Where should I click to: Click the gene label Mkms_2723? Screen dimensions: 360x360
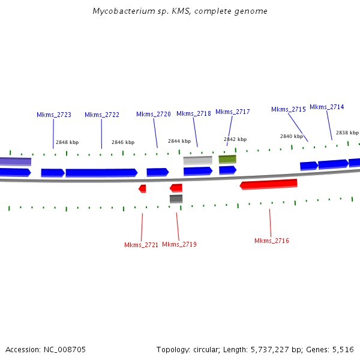pos(54,115)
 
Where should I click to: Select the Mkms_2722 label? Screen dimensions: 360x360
pos(102,115)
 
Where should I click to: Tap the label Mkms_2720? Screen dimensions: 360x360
pos(154,114)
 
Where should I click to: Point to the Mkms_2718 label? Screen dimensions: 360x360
pos(194,113)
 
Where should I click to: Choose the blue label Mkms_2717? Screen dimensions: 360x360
pos(233,112)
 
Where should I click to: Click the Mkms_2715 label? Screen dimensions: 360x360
pos(289,109)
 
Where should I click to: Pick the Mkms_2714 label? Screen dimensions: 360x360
pos(327,107)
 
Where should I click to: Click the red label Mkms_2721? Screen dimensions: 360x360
pos(142,245)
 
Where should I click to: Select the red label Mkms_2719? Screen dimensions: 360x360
pos(179,244)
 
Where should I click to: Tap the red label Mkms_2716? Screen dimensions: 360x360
pos(272,241)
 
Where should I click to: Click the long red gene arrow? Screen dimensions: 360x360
pos(269,184)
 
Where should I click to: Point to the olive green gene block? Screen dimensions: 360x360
pos(227,159)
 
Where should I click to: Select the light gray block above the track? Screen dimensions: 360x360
pos(197,160)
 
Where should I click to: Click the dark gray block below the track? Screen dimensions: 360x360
pos(176,199)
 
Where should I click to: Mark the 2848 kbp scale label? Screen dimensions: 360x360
pos(67,143)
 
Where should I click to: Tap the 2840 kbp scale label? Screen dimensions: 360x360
pos(292,136)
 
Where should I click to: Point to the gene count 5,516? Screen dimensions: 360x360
pos(343,349)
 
